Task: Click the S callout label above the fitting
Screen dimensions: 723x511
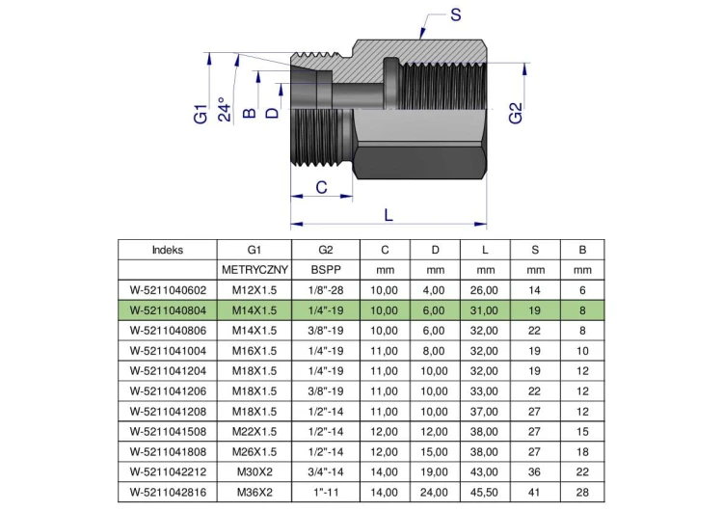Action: click(456, 14)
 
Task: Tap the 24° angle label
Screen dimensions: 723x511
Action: click(224, 109)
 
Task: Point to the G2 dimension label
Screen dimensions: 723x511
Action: click(516, 114)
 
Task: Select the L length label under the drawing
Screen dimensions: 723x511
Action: click(388, 215)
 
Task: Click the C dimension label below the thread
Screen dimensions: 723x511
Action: click(321, 187)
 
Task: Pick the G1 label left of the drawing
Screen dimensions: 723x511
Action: click(201, 114)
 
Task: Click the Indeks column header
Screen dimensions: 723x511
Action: click(168, 250)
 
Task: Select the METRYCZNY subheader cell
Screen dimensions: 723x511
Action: click(254, 270)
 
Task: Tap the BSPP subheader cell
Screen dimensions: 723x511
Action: click(326, 270)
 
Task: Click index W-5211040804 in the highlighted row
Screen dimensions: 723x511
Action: click(168, 310)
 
